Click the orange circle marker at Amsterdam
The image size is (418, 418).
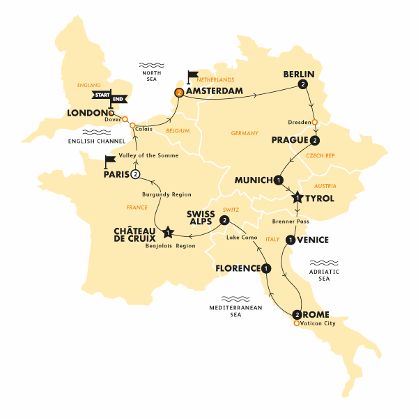179,92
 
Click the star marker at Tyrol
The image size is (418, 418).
297,198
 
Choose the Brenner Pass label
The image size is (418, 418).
291,221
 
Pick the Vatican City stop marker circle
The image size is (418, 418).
296,324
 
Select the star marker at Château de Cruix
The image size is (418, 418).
167,232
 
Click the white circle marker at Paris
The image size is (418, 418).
136,174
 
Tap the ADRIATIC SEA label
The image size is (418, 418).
323,276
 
